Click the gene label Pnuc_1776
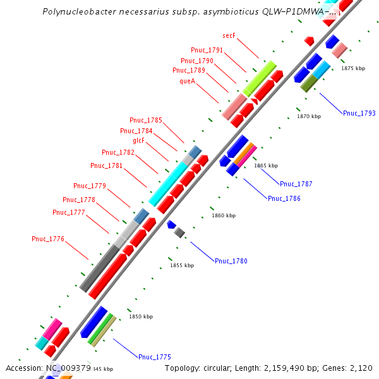click(48, 239)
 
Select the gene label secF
click(229, 36)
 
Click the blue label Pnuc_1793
click(359, 114)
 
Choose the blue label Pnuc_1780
click(231, 261)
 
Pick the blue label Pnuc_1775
click(155, 357)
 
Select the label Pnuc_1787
click(296, 184)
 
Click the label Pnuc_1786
click(284, 198)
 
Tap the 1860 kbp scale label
click(224, 216)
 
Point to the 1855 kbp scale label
click(182, 266)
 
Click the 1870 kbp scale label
click(309, 116)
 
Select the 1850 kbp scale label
click(141, 317)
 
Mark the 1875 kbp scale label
click(353, 68)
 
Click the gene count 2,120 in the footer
click(361, 368)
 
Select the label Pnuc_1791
click(207, 50)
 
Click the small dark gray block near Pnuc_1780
click(179, 233)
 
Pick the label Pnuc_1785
click(146, 120)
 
